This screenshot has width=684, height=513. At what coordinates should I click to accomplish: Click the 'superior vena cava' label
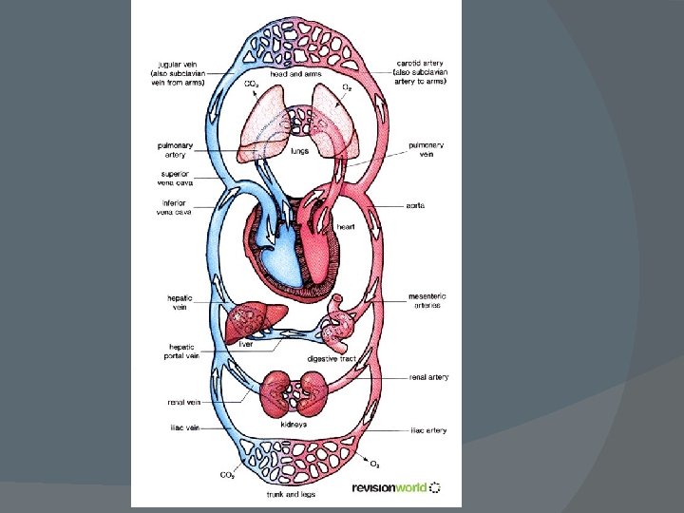pos(174,180)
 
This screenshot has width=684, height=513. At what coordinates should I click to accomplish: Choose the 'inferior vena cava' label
pos(174,207)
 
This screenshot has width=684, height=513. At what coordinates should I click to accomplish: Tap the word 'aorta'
pos(415,203)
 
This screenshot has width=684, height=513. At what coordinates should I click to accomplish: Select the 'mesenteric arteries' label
pos(427,300)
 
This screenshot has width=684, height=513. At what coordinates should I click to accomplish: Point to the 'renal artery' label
pos(429,377)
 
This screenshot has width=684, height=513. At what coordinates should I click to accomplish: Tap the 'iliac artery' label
pos(428,430)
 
